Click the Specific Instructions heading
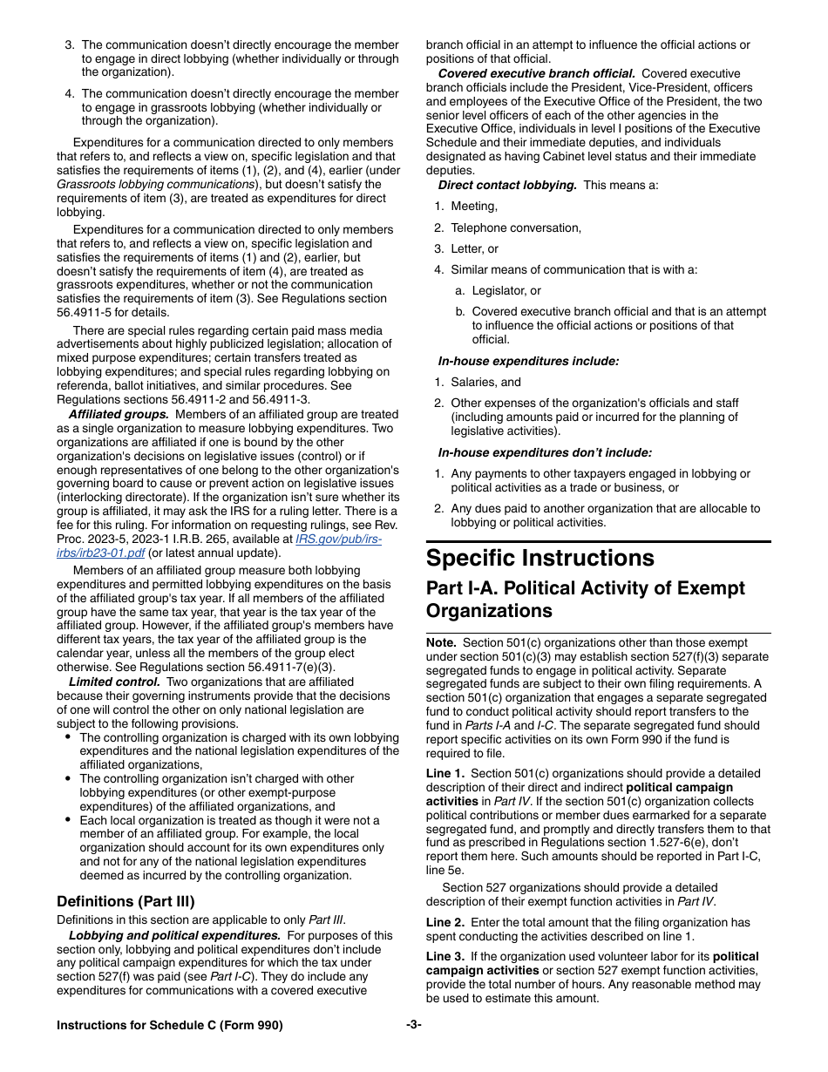(540, 558)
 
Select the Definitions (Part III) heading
(126, 901)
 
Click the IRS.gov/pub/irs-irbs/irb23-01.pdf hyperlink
(338, 539)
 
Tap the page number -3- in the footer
(413, 1026)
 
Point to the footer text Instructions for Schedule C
(169, 1026)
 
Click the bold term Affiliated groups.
(119, 415)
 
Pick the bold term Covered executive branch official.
(536, 73)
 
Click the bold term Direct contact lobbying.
(507, 185)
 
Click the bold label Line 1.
(445, 773)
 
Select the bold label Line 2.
(445, 922)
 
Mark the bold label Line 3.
(445, 956)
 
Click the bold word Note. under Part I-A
(441, 642)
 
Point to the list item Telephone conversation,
(515, 227)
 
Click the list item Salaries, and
(485, 382)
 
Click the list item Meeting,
(474, 207)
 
